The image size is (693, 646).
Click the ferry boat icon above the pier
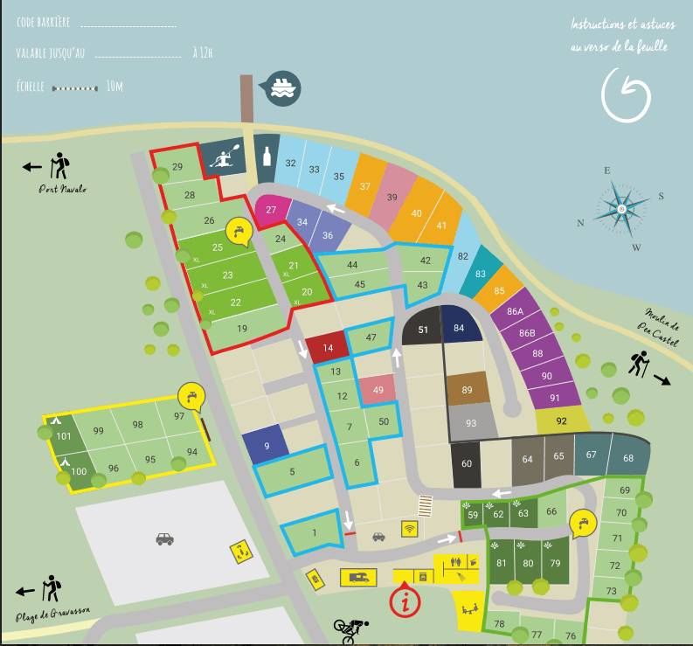[283, 87]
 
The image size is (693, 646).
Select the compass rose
[621, 209]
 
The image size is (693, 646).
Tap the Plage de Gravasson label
[53, 614]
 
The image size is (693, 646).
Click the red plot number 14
[326, 348]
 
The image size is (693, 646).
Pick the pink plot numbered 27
[272, 211]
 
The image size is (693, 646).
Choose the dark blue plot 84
[461, 328]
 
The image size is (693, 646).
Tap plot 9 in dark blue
[266, 445]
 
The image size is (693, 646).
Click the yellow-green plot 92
[561, 420]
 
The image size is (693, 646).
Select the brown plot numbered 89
[467, 390]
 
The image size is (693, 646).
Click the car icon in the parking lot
[164, 539]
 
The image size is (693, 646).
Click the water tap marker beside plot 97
[191, 396]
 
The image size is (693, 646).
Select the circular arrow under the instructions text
[627, 95]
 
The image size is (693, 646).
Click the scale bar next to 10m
[75, 87]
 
